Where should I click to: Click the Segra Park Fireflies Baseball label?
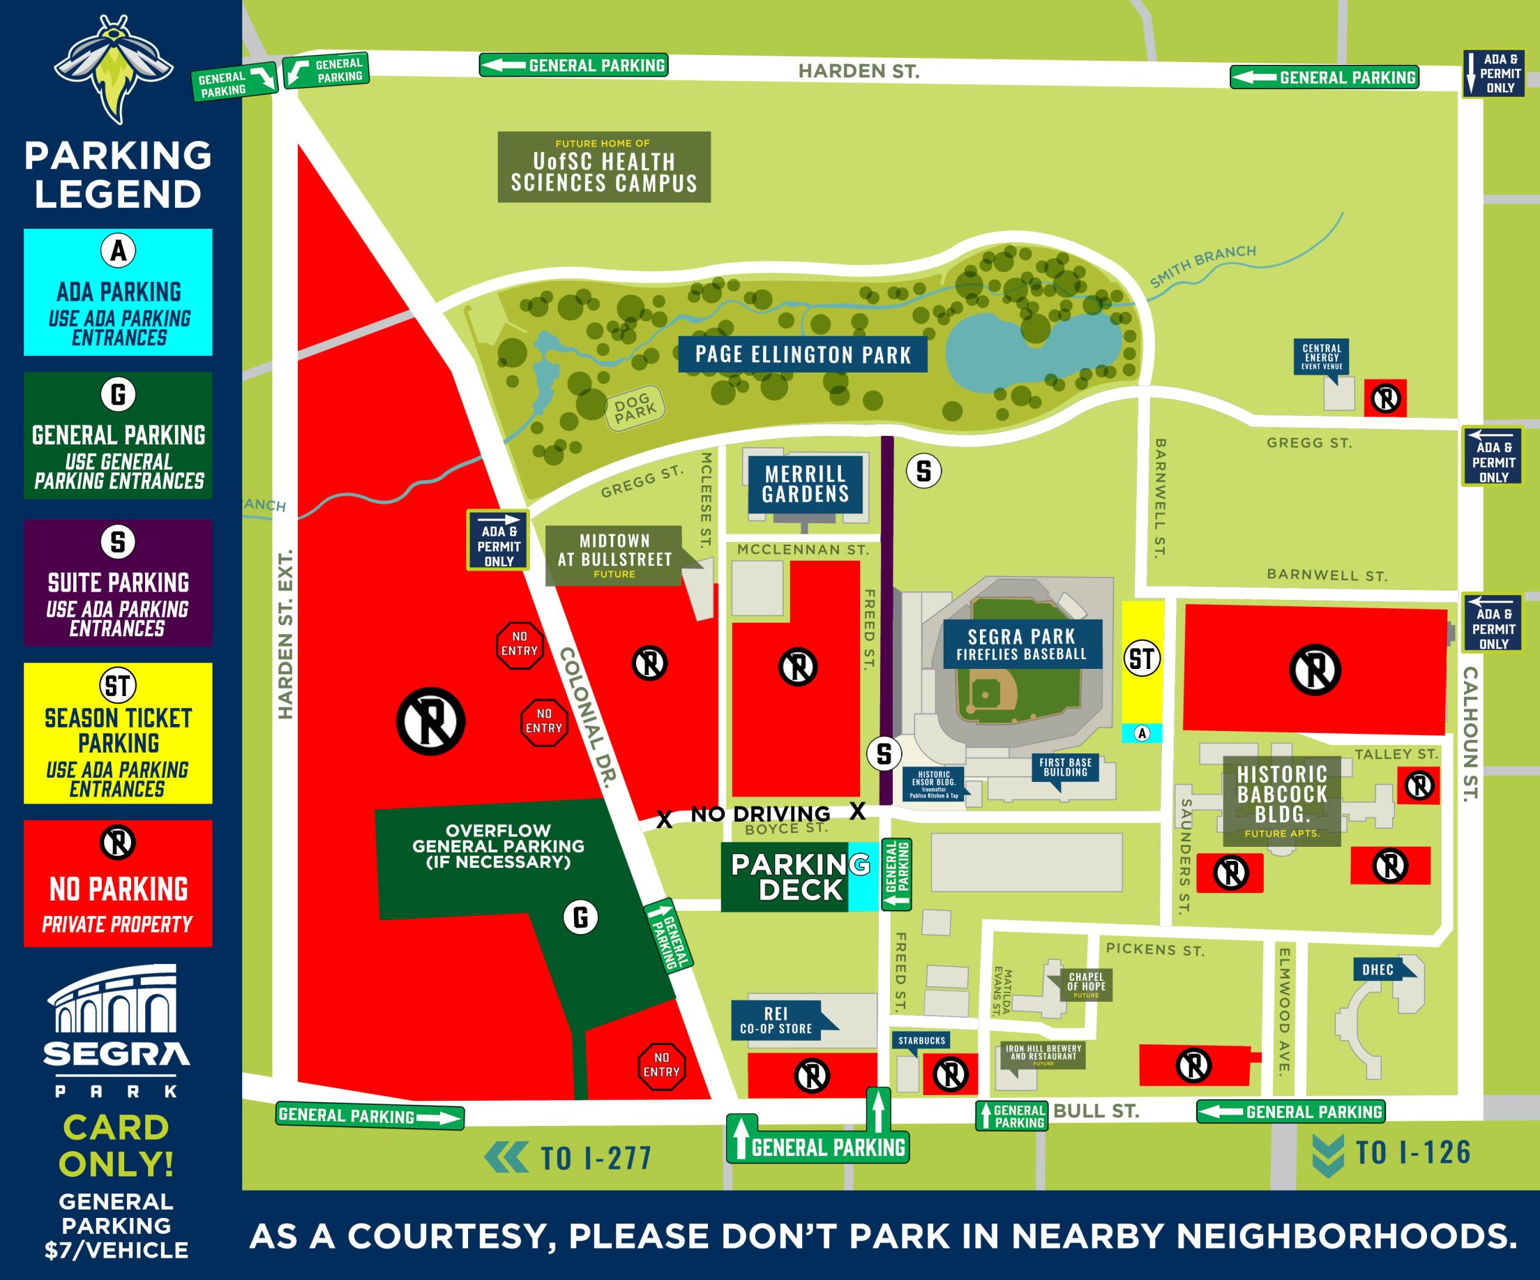1022,644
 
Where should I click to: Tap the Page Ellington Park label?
802,355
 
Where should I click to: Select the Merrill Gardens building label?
805,484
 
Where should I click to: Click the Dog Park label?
634,409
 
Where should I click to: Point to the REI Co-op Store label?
776,1021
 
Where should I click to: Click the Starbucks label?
921,1040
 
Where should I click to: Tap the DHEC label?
1377,969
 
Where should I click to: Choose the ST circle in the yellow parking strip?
1142,658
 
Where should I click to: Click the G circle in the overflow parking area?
580,917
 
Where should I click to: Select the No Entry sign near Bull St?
661,1067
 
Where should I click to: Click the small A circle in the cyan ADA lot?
1142,733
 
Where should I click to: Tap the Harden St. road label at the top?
858,71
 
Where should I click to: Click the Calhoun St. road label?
1470,733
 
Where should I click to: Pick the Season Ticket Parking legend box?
118,733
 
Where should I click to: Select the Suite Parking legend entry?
118,582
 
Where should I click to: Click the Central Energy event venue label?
1322,356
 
